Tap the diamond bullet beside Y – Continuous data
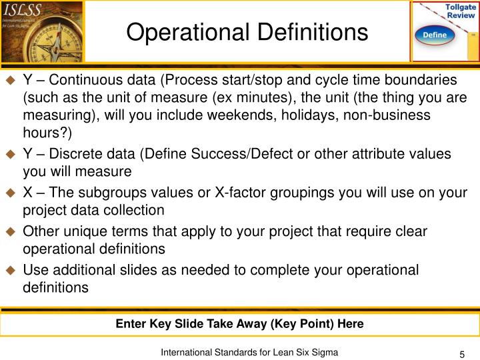click(x=10, y=81)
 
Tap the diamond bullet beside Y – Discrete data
click(x=10, y=155)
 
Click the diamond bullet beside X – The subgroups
click(x=10, y=193)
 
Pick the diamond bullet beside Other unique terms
click(x=10, y=232)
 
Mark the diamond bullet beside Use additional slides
click(x=10, y=271)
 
